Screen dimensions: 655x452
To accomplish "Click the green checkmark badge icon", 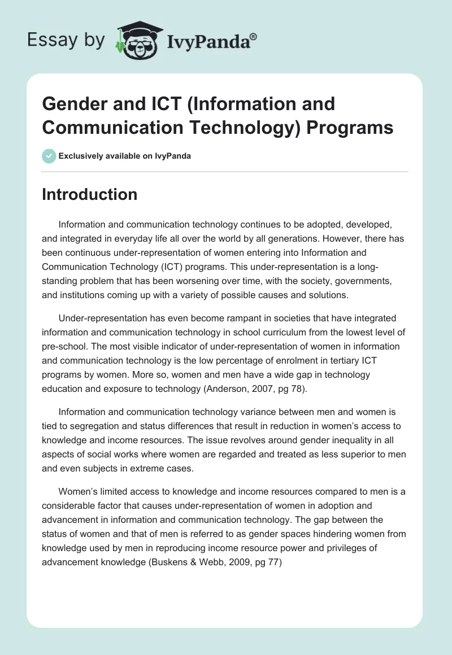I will click(49, 156).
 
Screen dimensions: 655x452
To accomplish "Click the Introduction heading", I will click(90, 194).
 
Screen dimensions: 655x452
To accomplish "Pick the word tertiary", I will click(319, 360).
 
